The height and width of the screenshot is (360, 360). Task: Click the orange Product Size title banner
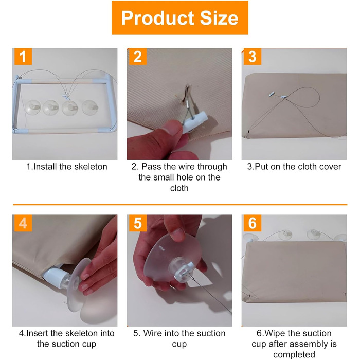pyautogui.click(x=180, y=17)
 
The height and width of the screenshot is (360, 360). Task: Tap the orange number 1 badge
pyautogui.click(x=23, y=57)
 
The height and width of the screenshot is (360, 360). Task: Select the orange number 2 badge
pyautogui.click(x=138, y=57)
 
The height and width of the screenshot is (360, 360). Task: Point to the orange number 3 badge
pyautogui.click(x=253, y=57)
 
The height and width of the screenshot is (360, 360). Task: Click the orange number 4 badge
pyautogui.click(x=23, y=223)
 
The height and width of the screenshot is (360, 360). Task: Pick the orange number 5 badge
pyautogui.click(x=138, y=223)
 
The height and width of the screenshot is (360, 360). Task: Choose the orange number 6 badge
pyautogui.click(x=253, y=223)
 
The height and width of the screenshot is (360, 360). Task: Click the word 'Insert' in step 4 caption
pyautogui.click(x=38, y=333)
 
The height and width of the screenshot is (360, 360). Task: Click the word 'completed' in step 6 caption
pyautogui.click(x=294, y=355)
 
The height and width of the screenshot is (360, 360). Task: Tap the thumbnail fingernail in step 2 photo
pyautogui.click(x=171, y=127)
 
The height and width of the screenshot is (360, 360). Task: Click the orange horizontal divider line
pyautogui.click(x=180, y=204)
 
